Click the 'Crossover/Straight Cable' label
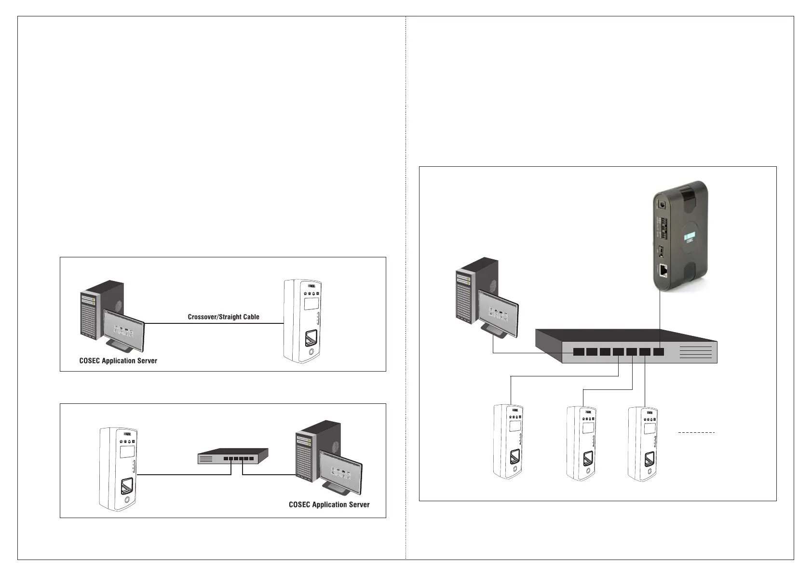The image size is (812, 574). pos(223,317)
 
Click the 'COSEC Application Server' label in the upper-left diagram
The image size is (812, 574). pos(118,360)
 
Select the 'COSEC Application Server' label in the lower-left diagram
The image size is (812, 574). pos(329,505)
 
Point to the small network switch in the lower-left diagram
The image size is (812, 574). pos(233,456)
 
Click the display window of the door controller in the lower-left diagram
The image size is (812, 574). pos(127,452)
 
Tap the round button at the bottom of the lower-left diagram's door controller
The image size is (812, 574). pos(127,500)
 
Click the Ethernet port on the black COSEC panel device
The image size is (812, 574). pos(663,271)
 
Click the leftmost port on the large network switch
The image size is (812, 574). pos(579,352)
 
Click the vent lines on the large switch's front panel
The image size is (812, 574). pos(695,352)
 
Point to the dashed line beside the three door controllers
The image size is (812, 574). pos(696,433)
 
